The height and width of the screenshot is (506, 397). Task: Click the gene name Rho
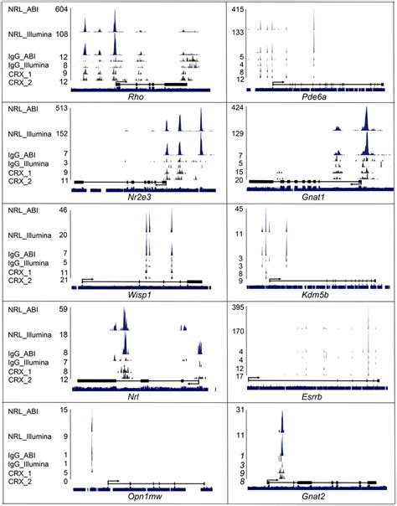(135, 97)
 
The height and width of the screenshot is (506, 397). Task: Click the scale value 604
(60, 8)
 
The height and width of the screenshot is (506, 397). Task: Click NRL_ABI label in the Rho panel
(23, 8)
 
